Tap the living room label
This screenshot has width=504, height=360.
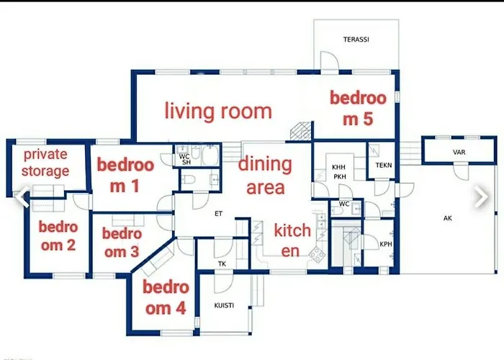[218, 111]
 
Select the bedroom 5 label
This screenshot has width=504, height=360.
[358, 109]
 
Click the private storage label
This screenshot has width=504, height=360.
[45, 162]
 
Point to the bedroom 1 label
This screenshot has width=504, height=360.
[125, 175]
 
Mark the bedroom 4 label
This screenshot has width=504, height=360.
[166, 298]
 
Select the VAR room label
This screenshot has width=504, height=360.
[459, 153]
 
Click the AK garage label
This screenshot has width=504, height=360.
[447, 217]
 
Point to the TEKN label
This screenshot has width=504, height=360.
[383, 165]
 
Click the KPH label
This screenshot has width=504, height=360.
[385, 244]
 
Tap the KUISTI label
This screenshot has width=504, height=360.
[224, 306]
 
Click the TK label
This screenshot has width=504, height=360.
[222, 264]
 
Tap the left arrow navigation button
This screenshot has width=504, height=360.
[23, 197]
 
